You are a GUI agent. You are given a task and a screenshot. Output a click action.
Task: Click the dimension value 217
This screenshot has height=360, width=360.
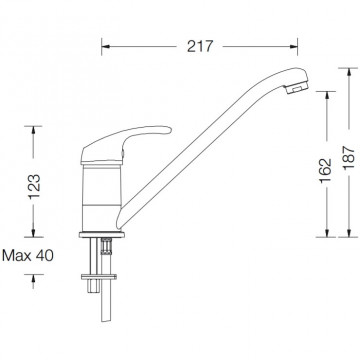(199, 46)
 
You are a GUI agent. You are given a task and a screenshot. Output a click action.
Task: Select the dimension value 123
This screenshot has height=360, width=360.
(34, 187)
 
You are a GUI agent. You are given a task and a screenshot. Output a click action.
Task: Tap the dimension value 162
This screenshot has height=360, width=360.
(326, 170)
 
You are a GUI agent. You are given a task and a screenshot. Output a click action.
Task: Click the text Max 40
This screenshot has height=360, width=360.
(27, 256)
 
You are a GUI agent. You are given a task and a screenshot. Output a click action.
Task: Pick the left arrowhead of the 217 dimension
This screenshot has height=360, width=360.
(105, 46)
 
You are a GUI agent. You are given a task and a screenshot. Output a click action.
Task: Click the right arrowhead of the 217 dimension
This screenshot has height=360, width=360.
(294, 46)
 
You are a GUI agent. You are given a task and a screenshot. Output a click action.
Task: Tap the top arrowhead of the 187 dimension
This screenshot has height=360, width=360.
(349, 72)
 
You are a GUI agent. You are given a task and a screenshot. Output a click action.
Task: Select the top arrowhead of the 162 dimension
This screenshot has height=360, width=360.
(326, 95)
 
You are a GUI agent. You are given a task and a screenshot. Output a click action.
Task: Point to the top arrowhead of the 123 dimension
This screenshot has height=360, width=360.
(33, 130)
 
